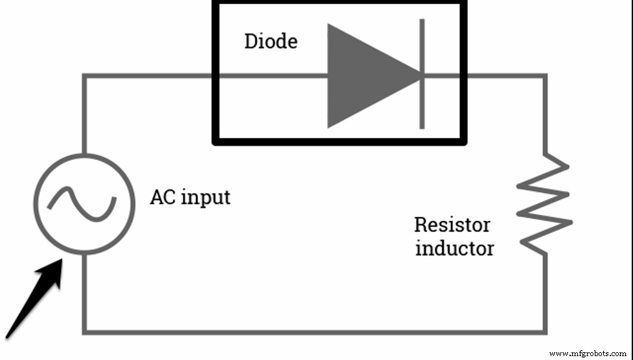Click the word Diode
pyautogui.click(x=270, y=41)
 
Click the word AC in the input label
pyautogui.click(x=162, y=196)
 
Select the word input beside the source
pyautogui.click(x=204, y=197)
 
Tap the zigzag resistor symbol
pyautogui.click(x=545, y=204)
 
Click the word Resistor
pyautogui.click(x=452, y=225)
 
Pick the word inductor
pyautogui.click(x=454, y=248)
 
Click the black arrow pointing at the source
pyautogui.click(x=36, y=301)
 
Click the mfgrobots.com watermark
pyautogui.click(x=588, y=354)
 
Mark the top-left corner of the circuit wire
pyautogui.click(x=84, y=76)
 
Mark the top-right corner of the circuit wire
pyautogui.click(x=545, y=76)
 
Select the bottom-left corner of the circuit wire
pyautogui.click(x=84, y=332)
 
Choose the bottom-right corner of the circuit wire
pyautogui.click(x=545, y=332)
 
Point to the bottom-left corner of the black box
pyautogui.click(x=216, y=141)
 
